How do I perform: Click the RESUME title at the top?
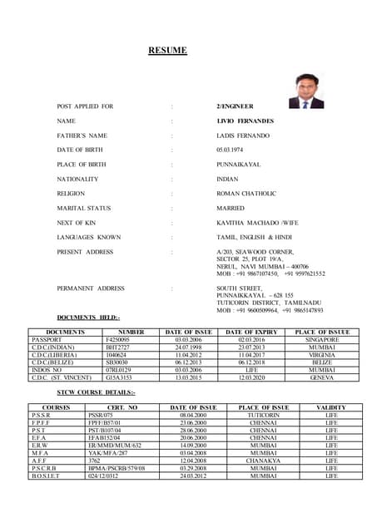coord(167,51)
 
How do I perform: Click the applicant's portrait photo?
coord(305,91)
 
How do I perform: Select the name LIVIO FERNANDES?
coord(245,121)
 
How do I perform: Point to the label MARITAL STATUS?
coord(83,208)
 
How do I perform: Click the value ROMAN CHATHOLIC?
coord(248,194)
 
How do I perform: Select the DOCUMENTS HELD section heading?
coord(88,318)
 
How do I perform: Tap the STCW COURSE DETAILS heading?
coord(96,392)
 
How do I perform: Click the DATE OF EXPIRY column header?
coord(251,332)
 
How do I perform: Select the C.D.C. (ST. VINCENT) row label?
coord(62,377)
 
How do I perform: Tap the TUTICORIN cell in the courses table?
coord(263,415)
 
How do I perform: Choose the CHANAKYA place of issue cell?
coord(263,460)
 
